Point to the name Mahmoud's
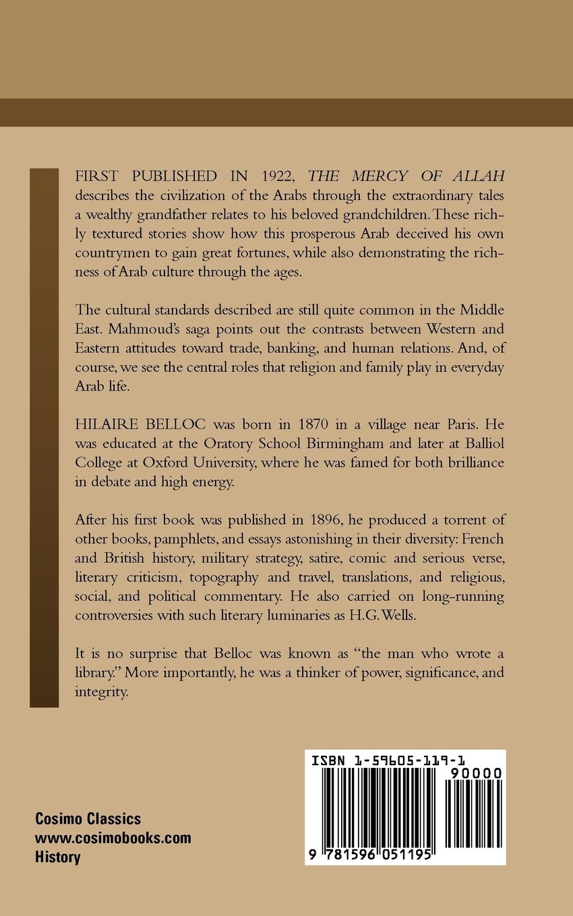[x=178, y=330]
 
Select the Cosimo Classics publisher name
[x=88, y=819]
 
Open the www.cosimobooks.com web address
[x=113, y=839]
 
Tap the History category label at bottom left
[x=58, y=857]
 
